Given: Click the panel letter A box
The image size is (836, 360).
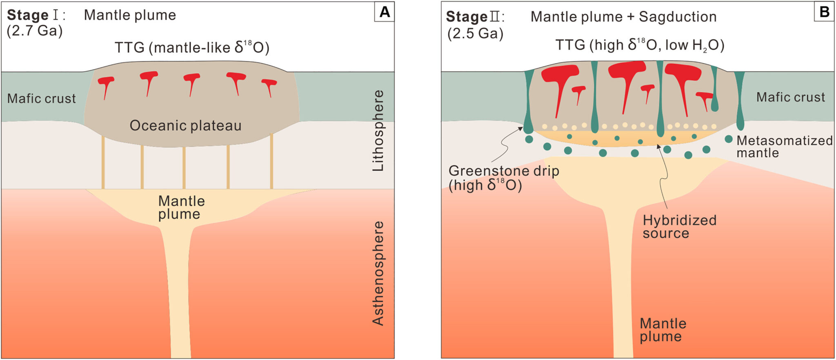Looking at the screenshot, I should (384, 12).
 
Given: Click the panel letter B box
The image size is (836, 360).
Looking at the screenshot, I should (824, 12).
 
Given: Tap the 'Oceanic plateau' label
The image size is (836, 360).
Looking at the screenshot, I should (185, 125).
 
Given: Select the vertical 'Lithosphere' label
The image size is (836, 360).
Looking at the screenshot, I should (378, 131).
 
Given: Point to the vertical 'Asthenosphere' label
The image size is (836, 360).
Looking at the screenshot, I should (378, 273).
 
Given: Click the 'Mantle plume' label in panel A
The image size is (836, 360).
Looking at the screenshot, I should (181, 207).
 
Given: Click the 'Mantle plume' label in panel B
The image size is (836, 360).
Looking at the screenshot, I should (663, 330).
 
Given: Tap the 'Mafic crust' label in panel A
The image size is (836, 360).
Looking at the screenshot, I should (41, 98).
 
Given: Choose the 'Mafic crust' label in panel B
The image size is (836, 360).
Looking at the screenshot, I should (790, 97).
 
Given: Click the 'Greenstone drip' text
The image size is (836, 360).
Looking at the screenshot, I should (504, 171).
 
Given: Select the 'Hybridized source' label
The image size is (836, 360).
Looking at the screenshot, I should (679, 227).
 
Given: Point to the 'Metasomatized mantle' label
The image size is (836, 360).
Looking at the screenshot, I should (784, 147).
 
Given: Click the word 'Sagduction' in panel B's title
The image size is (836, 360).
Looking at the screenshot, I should (677, 17).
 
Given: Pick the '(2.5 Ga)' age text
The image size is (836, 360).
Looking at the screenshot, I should (475, 33).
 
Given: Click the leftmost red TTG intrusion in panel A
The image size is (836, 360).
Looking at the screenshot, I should (106, 84).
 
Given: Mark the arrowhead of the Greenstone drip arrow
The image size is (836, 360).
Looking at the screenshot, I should (521, 129).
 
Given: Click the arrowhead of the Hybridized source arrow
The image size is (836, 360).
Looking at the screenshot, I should (658, 146).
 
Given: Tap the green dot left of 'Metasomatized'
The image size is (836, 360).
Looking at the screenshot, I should (728, 139).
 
